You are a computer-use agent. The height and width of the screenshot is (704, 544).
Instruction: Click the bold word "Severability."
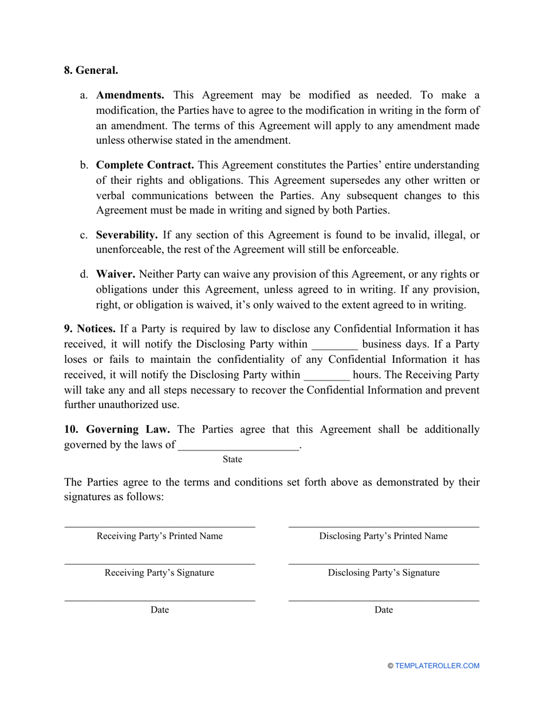tap(127, 235)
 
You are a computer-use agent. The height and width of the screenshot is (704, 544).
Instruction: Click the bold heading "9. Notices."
tap(90, 329)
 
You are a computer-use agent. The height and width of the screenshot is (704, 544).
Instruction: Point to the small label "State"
tap(232, 460)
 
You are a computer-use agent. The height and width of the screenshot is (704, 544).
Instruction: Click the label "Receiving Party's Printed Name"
tap(160, 536)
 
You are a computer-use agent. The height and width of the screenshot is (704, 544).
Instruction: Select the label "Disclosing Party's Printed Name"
tap(383, 536)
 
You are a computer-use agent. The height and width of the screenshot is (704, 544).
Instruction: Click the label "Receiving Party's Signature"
tap(159, 573)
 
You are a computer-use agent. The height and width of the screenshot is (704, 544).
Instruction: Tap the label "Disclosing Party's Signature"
tap(384, 573)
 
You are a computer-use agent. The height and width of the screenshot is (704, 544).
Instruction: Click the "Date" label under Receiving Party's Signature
tap(160, 610)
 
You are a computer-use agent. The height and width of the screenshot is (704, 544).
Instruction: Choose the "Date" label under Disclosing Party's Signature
tap(384, 610)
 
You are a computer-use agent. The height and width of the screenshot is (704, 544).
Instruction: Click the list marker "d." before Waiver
tap(84, 275)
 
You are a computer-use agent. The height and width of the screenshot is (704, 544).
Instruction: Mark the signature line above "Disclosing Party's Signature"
tap(384, 564)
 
